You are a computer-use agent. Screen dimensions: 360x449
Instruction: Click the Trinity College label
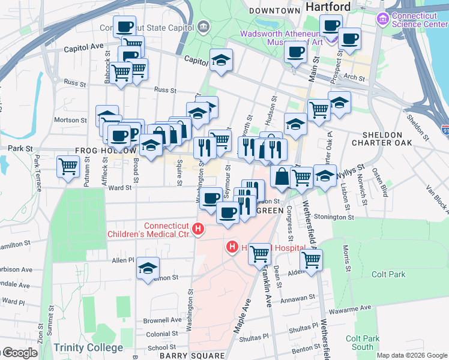tap(88, 347)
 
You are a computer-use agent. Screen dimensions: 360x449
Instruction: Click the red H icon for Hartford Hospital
tap(232, 247)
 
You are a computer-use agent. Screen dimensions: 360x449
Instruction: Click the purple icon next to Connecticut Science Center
tap(382, 19)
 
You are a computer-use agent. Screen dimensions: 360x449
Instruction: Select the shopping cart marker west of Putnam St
tap(68, 166)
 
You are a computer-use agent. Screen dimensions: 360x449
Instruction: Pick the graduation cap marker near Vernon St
tap(148, 269)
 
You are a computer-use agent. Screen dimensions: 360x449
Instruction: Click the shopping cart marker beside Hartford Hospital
tap(259, 253)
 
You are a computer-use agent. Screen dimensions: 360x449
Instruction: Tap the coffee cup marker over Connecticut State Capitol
tap(124, 26)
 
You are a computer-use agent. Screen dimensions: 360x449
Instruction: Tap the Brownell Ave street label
tap(162, 320)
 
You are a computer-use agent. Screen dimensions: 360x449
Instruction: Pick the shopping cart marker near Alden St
tap(311, 260)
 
